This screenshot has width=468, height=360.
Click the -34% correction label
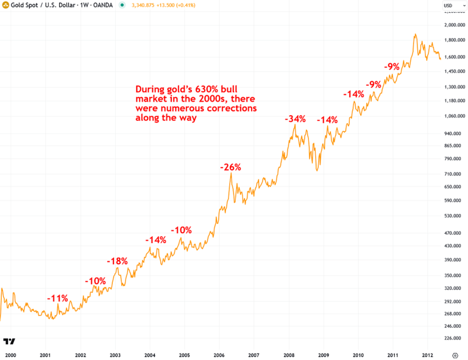pos(295,119)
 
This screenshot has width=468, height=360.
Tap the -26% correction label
pos(230,167)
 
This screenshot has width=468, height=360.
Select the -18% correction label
pos(117,261)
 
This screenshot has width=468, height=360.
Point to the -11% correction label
pos(58,298)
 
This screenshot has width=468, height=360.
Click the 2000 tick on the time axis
pos(11,355)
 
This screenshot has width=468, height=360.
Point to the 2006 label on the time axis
pos(219,355)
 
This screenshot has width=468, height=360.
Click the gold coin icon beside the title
pos(6,5)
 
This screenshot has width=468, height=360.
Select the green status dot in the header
pos(122,5)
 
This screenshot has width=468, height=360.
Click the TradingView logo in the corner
pos(9,341)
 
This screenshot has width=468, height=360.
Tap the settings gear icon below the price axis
pos(455,355)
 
